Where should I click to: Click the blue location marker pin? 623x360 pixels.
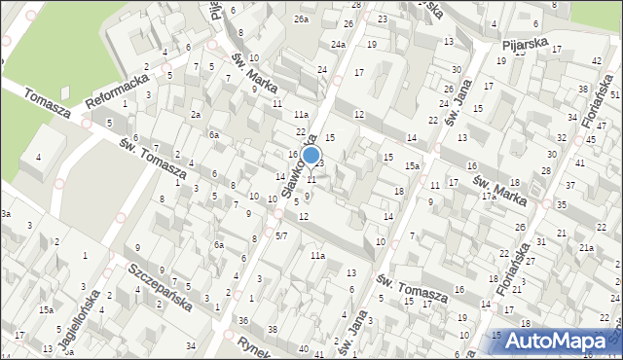[x=311, y=156]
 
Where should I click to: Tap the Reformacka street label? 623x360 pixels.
[x=117, y=86]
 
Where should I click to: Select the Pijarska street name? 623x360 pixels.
[x=526, y=45]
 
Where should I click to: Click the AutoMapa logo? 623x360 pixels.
[x=559, y=339]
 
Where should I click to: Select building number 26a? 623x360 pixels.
[x=302, y=19]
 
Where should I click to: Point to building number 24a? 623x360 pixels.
[x=337, y=45]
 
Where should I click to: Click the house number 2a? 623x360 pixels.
[x=195, y=115]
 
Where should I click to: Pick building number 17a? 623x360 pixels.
[x=489, y=196]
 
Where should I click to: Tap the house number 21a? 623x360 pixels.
[x=586, y=248]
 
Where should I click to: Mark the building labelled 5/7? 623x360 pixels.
[x=281, y=235]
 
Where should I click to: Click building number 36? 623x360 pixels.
[x=243, y=320]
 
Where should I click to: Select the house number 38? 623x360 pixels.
[x=273, y=329]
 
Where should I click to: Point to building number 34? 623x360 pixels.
[x=191, y=346]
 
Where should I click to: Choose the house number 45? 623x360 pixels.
[x=590, y=140]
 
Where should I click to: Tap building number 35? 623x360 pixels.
[x=561, y=204]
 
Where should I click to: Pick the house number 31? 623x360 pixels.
[x=541, y=241]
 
